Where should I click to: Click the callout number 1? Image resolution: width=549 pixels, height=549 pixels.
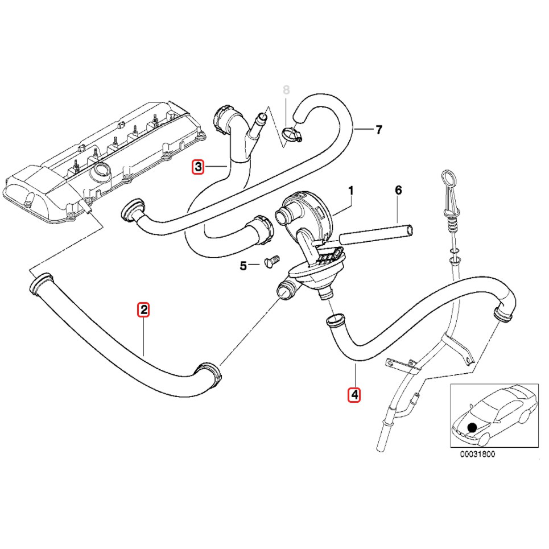point(351,190)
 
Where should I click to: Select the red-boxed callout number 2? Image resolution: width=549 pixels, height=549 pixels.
point(144,310)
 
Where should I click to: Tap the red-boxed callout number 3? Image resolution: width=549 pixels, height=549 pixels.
point(197,167)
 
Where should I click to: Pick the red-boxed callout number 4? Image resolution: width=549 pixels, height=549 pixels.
point(354,394)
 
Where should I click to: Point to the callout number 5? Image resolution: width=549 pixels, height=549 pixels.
point(243,265)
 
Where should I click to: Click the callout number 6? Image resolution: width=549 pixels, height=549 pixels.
point(398,190)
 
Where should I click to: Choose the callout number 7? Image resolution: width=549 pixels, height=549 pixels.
point(378,130)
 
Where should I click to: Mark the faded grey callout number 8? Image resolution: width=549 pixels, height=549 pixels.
point(286,90)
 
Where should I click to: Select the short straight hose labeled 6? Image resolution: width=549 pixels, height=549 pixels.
point(375,234)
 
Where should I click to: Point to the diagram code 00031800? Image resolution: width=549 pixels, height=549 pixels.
point(477,454)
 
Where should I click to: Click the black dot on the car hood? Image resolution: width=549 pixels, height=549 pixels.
point(471,427)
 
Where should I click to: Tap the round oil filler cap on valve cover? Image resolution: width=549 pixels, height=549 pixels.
point(102,169)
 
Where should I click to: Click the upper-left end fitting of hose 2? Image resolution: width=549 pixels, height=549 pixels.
point(39,284)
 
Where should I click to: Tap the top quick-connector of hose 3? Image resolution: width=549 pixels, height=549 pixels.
point(221,118)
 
